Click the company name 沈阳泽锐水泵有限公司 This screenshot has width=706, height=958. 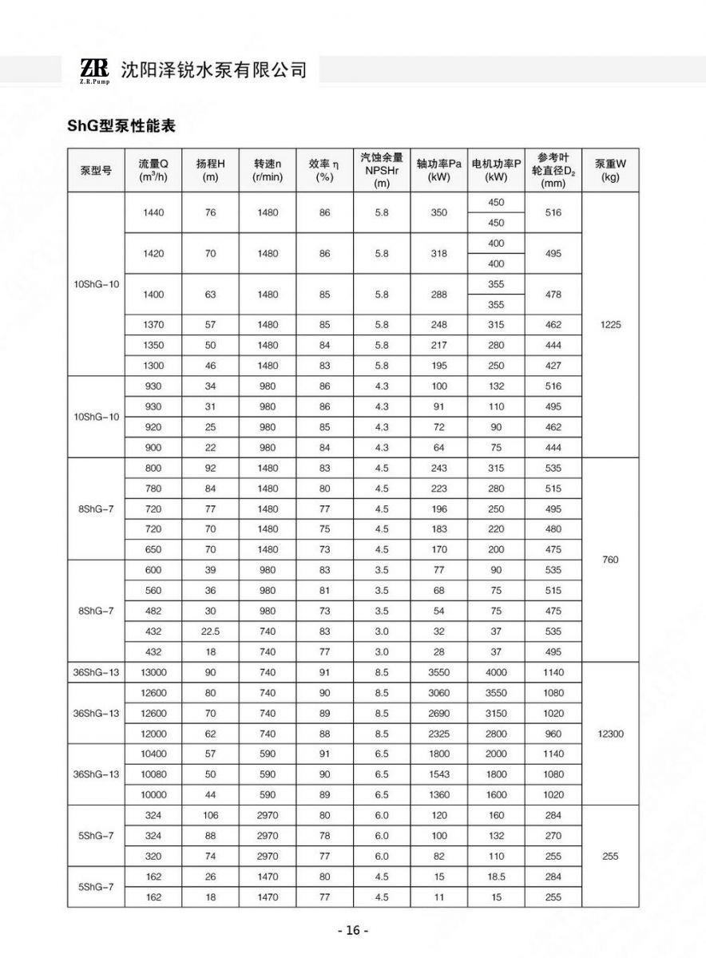click(213, 70)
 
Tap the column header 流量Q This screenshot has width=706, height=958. click(153, 170)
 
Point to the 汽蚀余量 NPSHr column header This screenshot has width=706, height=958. click(382, 170)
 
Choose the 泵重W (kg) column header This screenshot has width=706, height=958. click(610, 170)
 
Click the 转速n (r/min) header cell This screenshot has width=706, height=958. click(268, 170)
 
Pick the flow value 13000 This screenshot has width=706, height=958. click(153, 672)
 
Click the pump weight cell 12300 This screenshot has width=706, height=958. click(610, 734)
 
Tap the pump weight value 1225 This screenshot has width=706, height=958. click(610, 325)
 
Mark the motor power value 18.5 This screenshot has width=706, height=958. click(496, 877)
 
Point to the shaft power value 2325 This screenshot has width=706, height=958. click(439, 734)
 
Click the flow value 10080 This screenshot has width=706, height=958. click(153, 774)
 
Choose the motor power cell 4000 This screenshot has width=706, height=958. click(496, 672)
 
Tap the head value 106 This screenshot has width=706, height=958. click(211, 815)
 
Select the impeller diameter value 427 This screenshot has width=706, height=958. click(553, 366)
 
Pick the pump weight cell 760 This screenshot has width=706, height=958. click(610, 560)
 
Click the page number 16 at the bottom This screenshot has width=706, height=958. click(353, 931)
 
